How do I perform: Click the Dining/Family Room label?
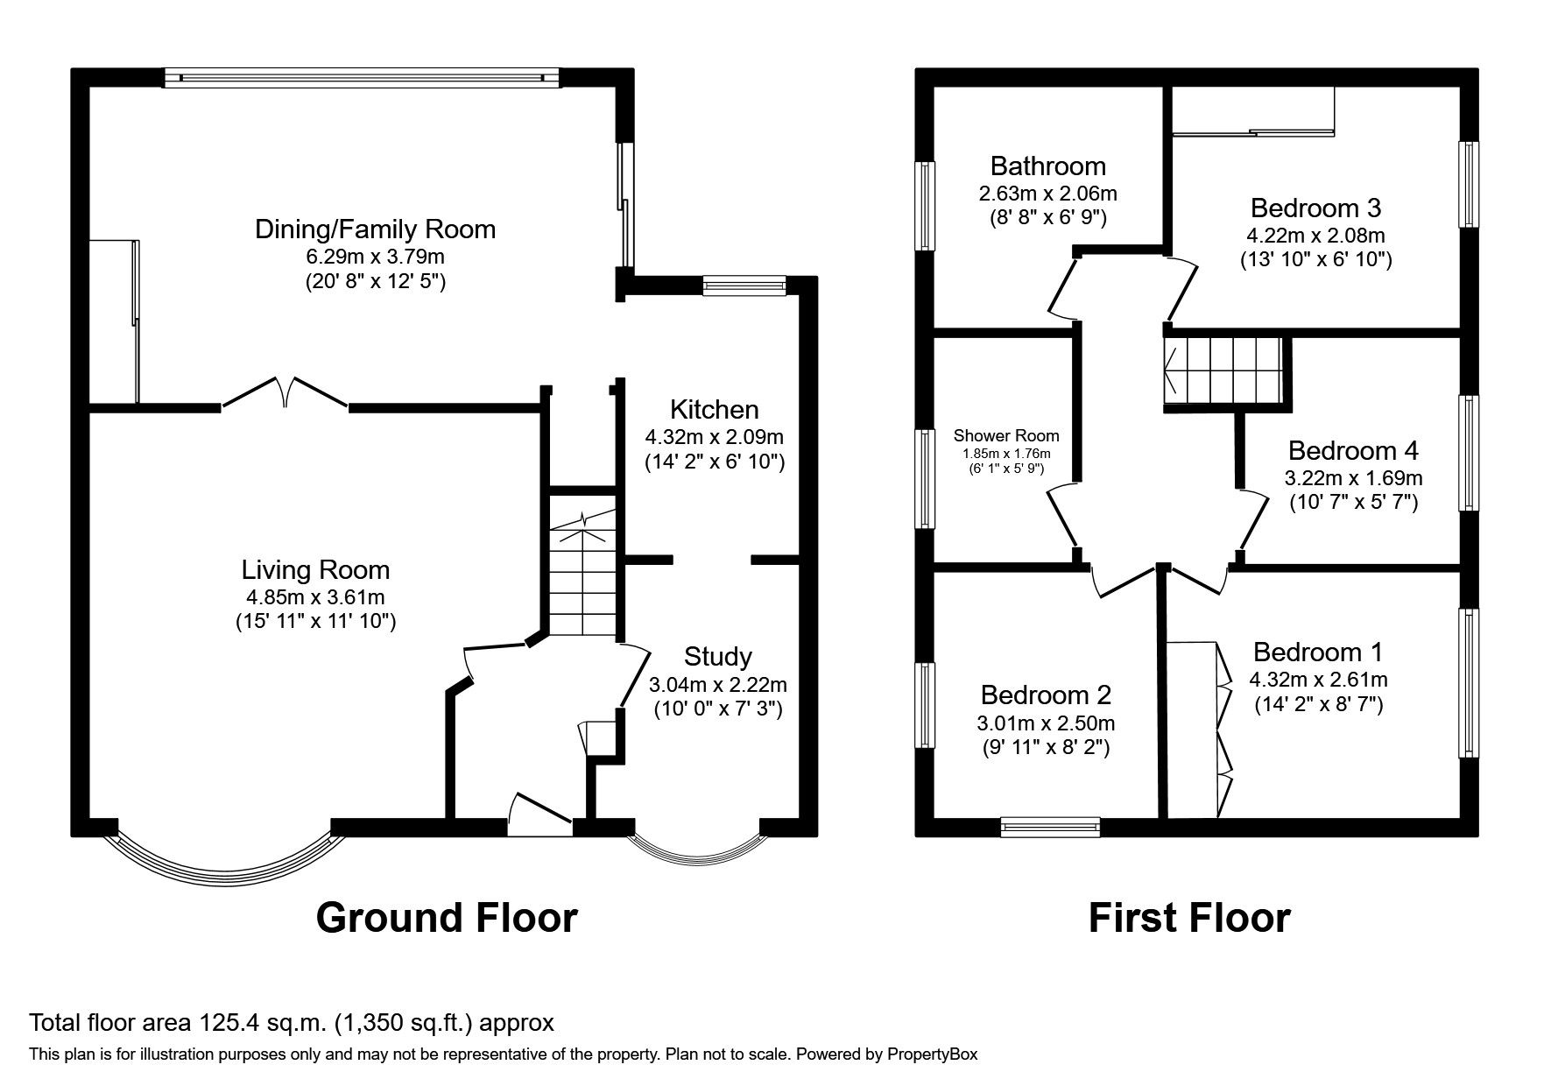point(375,229)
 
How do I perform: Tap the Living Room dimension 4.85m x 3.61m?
point(315,597)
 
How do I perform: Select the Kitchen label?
point(714,410)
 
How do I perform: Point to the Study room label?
point(717,656)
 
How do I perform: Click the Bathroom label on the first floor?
point(1047,166)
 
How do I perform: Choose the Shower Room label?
point(1005,436)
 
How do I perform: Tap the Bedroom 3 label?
point(1315,208)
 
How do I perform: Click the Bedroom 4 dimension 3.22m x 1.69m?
point(1353,478)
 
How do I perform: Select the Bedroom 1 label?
point(1317,652)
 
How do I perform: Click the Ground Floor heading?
point(446,918)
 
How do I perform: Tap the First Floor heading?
point(1188,918)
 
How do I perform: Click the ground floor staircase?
point(582,569)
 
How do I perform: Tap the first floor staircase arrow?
point(1172,368)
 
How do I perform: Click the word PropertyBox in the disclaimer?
point(932,1054)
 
